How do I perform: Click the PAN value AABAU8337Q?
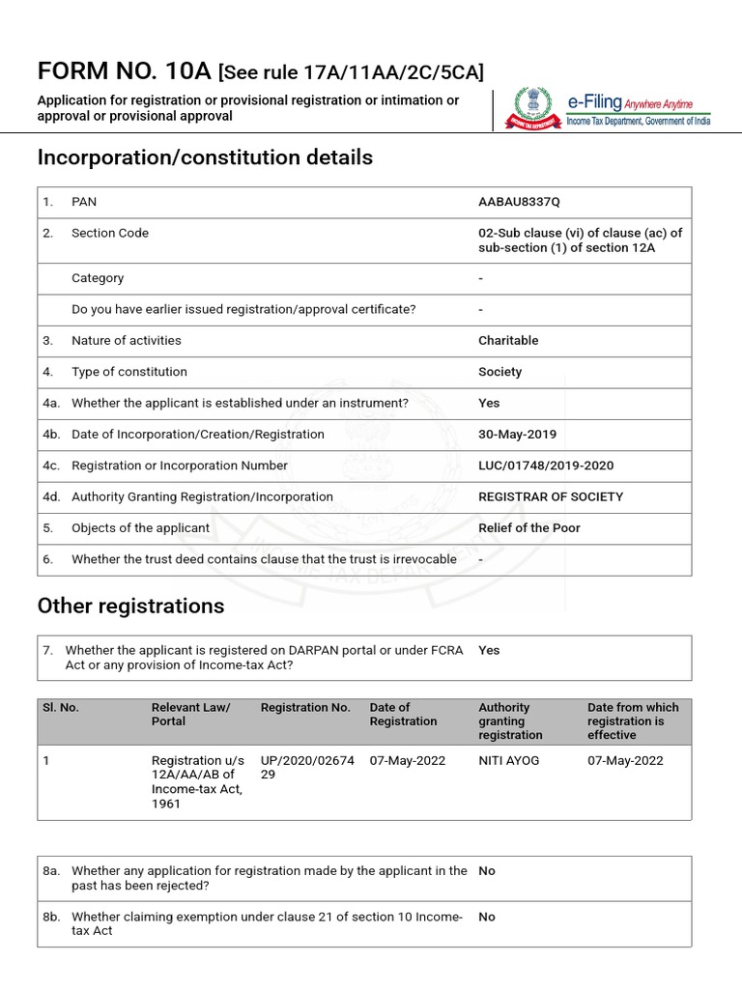519,202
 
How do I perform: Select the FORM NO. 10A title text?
124,71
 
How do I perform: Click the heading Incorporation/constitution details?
205,157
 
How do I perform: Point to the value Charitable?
508,340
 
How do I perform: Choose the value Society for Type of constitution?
499,372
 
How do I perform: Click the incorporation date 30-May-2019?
517,435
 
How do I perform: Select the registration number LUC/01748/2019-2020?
546,466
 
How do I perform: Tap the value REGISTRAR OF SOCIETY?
551,496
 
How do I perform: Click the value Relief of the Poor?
529,528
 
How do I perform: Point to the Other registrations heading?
130,606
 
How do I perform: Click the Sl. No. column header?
61,708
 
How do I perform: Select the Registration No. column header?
305,708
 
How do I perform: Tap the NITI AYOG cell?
508,761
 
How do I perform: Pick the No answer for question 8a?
487,871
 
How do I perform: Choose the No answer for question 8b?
487,918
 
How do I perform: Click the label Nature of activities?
127,340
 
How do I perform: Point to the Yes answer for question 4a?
489,403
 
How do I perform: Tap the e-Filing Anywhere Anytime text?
638,103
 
